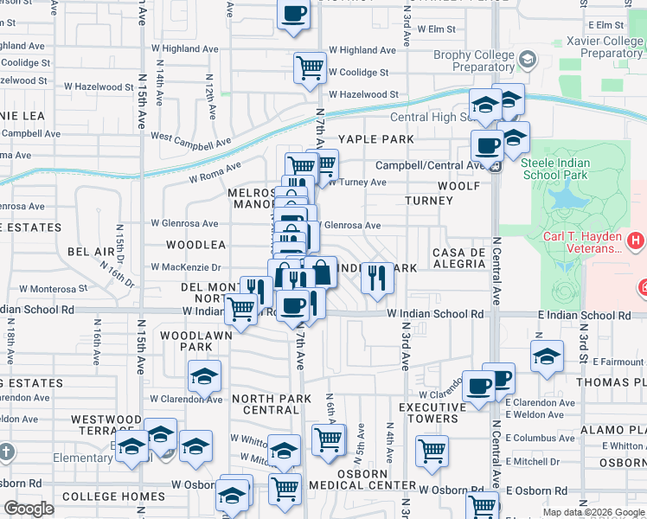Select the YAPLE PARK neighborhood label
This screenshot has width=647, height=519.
click(376, 139)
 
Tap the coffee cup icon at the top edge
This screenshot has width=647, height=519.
click(293, 14)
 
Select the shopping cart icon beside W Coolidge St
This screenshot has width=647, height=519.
click(310, 67)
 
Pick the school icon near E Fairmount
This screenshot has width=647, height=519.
click(547, 356)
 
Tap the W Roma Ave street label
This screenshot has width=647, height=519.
click(215, 172)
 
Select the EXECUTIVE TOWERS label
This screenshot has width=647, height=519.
click(428, 413)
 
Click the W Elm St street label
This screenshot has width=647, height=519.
click(436, 29)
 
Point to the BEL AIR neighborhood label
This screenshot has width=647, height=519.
click(91, 251)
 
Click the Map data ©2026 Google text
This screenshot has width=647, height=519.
click(593, 512)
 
